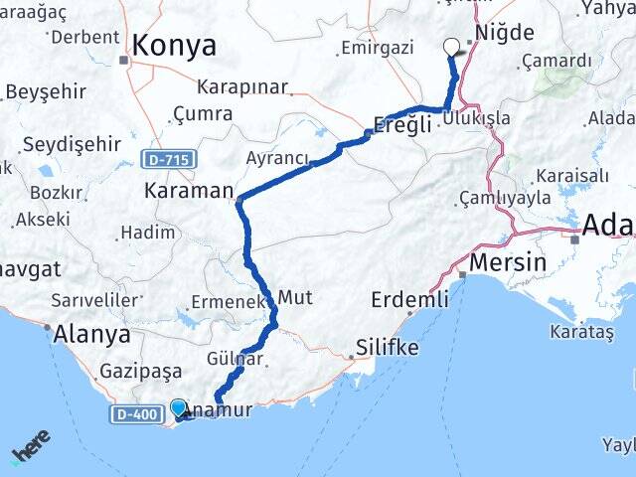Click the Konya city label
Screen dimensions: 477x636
pyautogui.click(x=174, y=45)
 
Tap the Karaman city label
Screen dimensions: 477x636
pyautogui.click(x=188, y=189)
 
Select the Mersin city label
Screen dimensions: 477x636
pyautogui.click(x=508, y=263)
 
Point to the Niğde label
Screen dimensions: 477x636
pyautogui.click(x=505, y=33)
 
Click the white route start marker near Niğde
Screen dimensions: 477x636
pyautogui.click(x=453, y=46)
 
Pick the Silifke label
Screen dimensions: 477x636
pyautogui.click(x=386, y=349)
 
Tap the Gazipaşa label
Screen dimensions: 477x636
pyautogui.click(x=140, y=371)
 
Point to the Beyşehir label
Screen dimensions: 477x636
pyautogui.click(x=44, y=92)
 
